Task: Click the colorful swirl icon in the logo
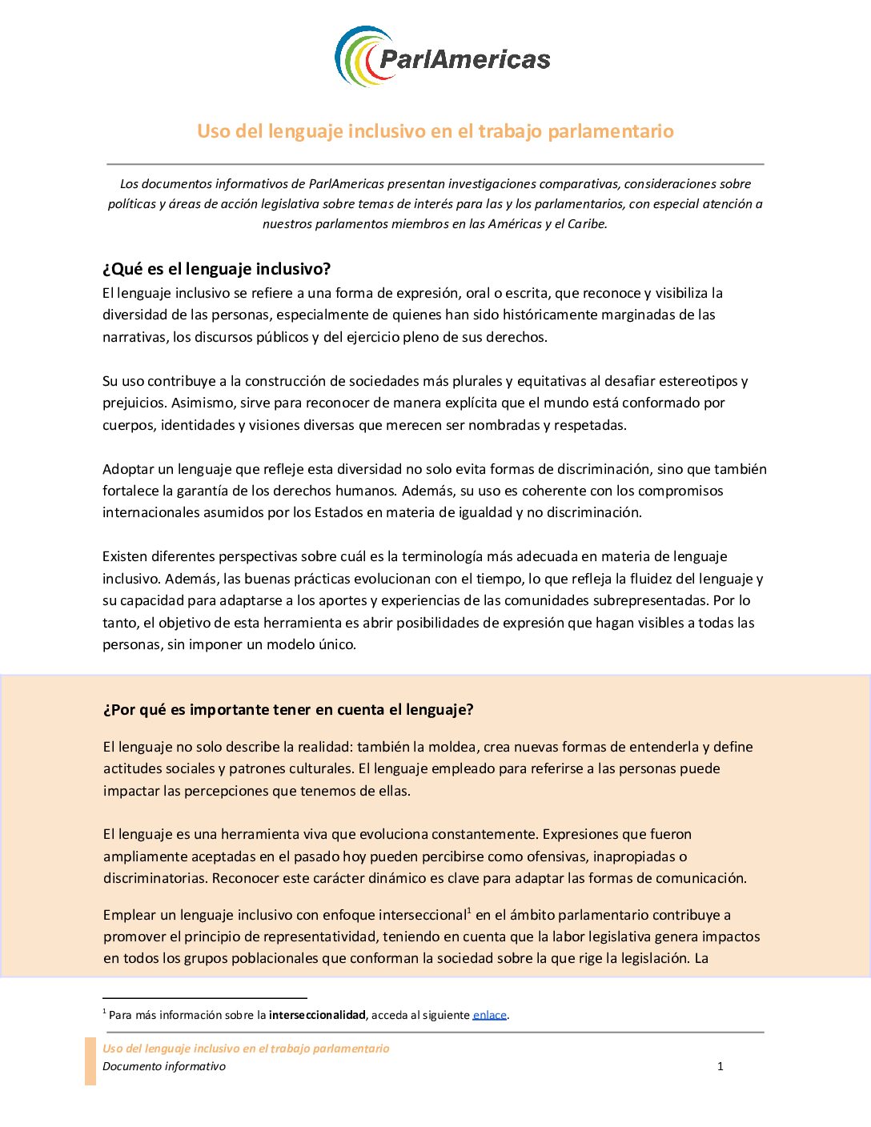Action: pos(362,56)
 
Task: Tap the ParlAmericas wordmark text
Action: pos(464,59)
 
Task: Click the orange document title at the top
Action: pos(435,131)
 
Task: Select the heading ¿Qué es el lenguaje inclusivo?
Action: pos(217,269)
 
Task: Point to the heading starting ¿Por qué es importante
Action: pos(288,710)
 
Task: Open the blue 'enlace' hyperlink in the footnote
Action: pos(489,1015)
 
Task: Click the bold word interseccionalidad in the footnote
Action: pos(317,1015)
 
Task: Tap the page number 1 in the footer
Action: pos(720,1066)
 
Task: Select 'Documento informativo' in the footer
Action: pos(164,1066)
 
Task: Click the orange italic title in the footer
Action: pos(246,1049)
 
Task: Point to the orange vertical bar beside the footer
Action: pos(90,1061)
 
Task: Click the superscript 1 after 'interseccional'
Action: pos(469,910)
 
